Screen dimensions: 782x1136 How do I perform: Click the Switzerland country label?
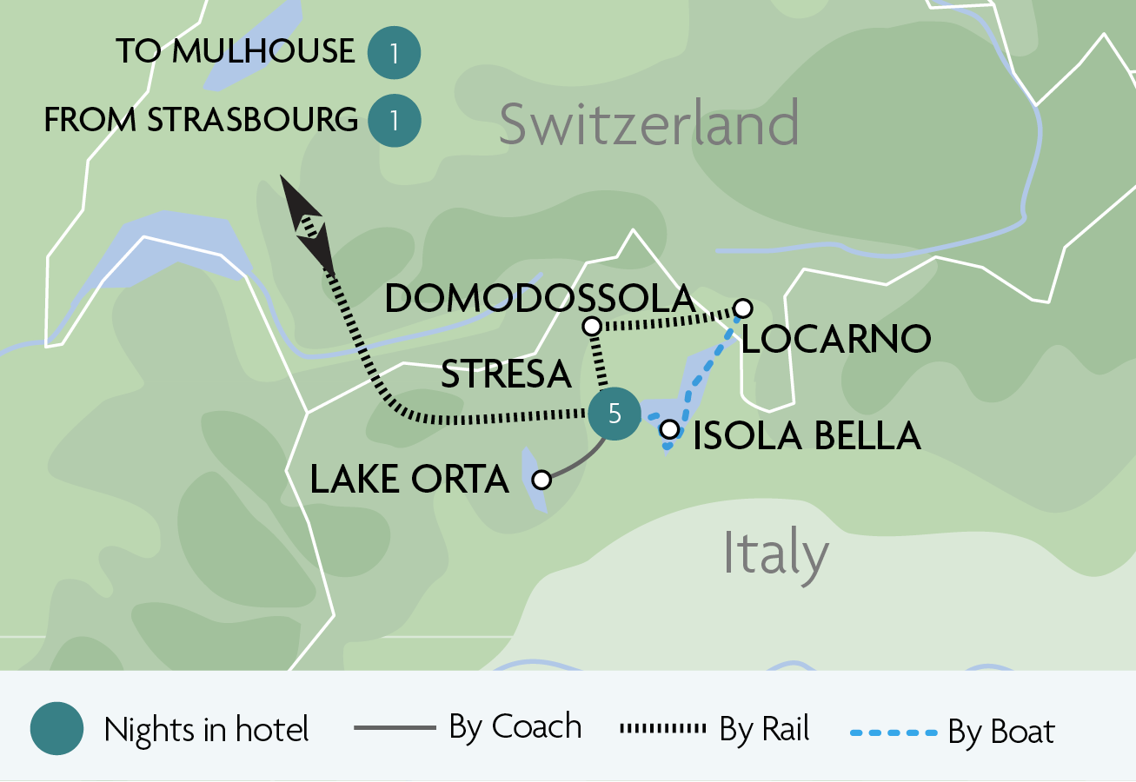[x=648, y=123]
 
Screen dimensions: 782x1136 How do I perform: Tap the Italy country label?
[x=775, y=553]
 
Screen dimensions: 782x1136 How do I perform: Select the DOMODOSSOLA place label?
[x=540, y=298]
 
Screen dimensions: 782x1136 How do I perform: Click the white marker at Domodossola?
[x=591, y=326]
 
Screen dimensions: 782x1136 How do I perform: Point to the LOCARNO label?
[x=835, y=340]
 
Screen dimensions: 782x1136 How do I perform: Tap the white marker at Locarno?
[x=742, y=308]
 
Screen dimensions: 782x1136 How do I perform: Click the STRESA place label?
[x=506, y=374]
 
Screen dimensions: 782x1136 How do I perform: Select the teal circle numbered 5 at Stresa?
[x=615, y=414]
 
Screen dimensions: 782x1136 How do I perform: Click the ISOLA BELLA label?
[x=807, y=435]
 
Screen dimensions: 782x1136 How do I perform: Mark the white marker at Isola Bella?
[x=669, y=428]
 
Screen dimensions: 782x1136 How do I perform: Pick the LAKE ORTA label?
[x=409, y=480]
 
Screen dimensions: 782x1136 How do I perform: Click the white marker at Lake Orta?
[x=541, y=479]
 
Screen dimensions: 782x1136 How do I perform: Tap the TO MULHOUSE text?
[x=236, y=51]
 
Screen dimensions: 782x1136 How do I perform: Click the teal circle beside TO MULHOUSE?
[x=394, y=54]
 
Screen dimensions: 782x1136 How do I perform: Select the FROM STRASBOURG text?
[x=201, y=120]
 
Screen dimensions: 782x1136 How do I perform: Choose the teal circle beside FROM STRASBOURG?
[x=394, y=120]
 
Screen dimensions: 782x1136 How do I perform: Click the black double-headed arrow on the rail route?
[x=308, y=224]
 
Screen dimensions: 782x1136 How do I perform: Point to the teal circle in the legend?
[x=56, y=729]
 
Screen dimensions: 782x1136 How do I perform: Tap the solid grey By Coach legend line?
[x=395, y=728]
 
